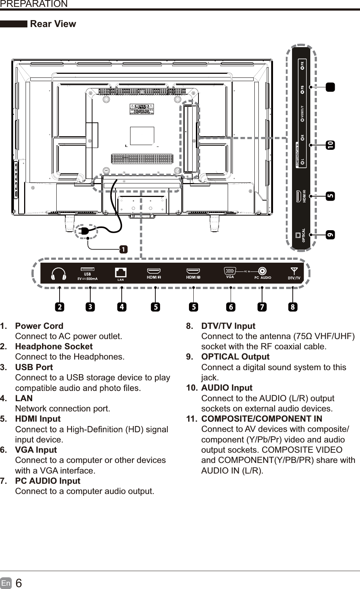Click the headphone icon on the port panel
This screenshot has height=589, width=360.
pos(59,274)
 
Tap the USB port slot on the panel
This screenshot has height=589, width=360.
pos(87,269)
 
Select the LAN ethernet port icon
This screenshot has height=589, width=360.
pos(121,273)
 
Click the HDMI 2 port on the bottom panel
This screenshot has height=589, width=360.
pos(154,271)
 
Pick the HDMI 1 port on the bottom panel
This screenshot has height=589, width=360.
pos(193,271)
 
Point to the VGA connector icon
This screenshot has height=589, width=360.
pos(230,271)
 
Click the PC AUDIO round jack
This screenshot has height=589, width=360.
pos(262,271)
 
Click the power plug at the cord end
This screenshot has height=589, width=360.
pos(83,231)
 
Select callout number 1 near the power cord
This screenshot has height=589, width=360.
pos(124,250)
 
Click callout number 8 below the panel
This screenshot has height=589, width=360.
pos(292,307)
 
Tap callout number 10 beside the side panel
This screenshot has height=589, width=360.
pos(330,145)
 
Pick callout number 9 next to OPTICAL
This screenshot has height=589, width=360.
pos(330,235)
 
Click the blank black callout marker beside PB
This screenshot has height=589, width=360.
pos(330,87)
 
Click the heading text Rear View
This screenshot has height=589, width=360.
pos(53,24)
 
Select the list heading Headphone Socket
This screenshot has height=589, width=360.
pos(54,346)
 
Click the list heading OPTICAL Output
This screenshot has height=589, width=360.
pos(235,357)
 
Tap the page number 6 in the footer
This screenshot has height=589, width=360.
pos(19,583)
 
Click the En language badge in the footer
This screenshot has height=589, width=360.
pos(6,583)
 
